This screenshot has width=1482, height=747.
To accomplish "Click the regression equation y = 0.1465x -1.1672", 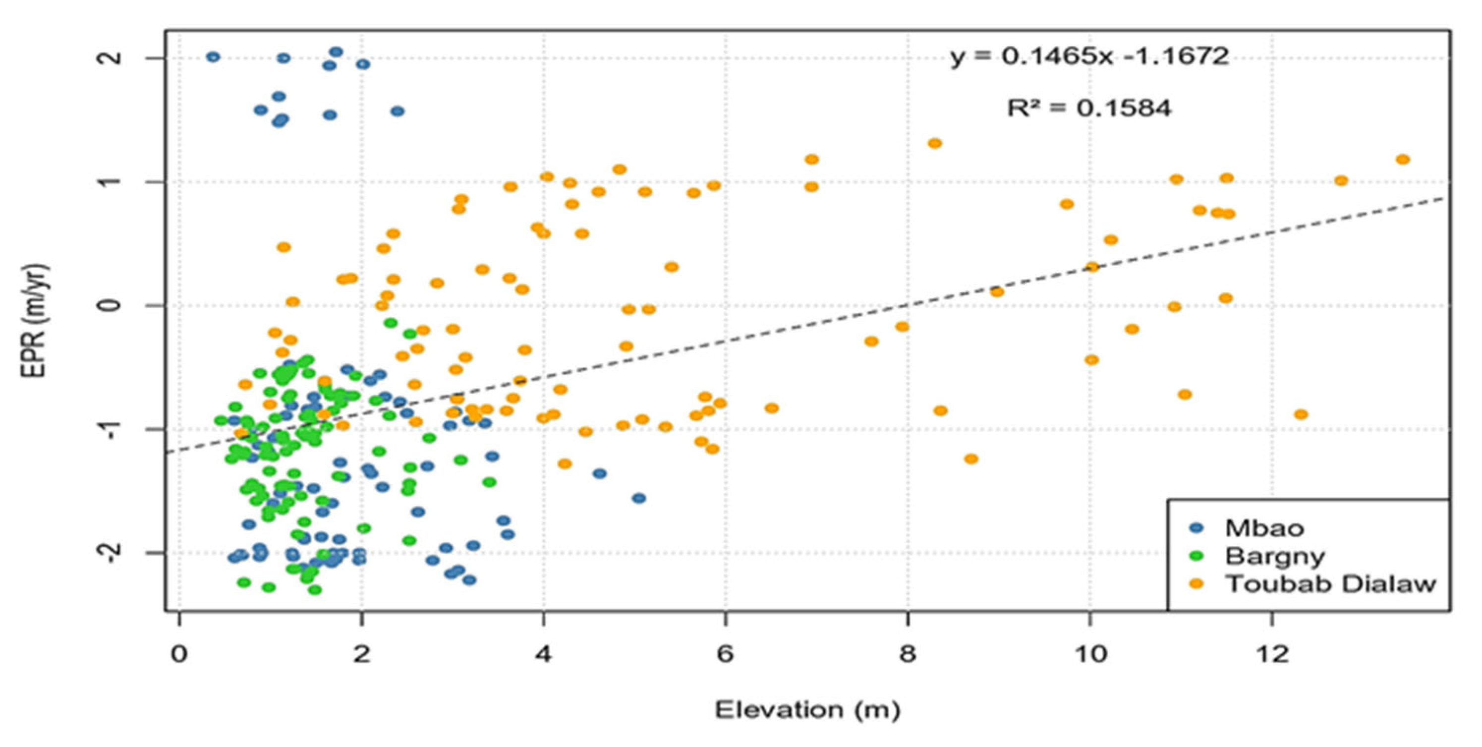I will tap(1089, 57).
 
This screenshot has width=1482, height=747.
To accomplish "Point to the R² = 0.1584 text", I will tap(1088, 108).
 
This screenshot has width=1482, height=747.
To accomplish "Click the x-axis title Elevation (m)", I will tap(807, 710).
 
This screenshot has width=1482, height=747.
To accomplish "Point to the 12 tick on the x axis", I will tap(1271, 654).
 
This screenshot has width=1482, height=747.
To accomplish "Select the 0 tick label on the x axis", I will tap(179, 654).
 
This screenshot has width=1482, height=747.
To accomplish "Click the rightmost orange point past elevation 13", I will tap(1403, 160).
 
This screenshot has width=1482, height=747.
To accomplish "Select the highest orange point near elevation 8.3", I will tap(934, 143).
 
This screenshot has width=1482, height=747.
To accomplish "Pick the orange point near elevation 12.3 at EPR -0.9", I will tap(1300, 414).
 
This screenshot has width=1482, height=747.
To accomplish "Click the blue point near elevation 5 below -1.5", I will tap(638, 498).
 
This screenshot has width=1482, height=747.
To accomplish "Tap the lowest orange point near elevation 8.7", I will tap(971, 459).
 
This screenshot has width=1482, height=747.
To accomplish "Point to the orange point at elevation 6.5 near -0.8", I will tap(772, 408).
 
